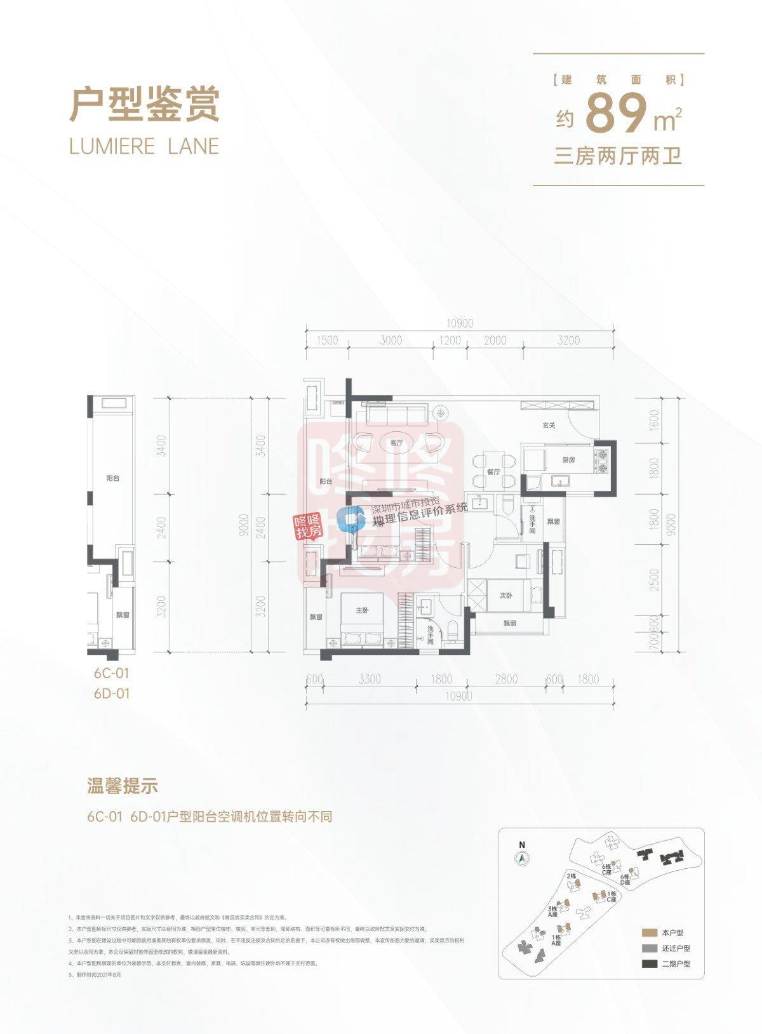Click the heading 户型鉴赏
[x=144, y=105]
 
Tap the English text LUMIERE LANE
[x=144, y=146]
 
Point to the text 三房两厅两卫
[x=618, y=156]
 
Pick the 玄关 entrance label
[x=549, y=425]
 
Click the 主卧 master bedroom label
[x=362, y=610]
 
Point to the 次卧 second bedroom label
[x=505, y=596]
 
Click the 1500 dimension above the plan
[x=327, y=340]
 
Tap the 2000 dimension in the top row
[x=495, y=340]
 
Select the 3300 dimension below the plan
[x=370, y=680]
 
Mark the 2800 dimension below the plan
[x=506, y=680]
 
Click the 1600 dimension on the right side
[x=655, y=419]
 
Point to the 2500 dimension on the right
[x=655, y=579]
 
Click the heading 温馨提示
[x=122, y=786]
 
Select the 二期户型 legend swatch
[x=648, y=963]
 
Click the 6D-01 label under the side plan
[x=111, y=694]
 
